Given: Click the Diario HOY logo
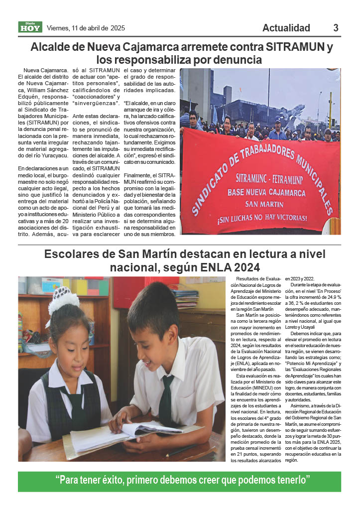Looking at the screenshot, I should coord(30,27).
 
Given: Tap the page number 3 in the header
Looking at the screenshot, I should coord(336,28).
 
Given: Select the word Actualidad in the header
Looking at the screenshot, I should coord(286,28).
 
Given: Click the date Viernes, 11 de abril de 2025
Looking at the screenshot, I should coord(86,28).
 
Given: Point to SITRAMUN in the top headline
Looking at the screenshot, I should coord(295,48).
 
